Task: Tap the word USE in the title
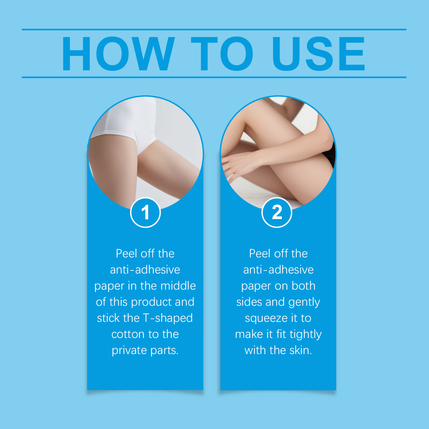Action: [x=319, y=54]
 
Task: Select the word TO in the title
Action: [x=222, y=54]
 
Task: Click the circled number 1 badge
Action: [x=145, y=212]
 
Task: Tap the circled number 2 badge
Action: [x=277, y=212]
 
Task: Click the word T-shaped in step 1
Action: [x=168, y=318]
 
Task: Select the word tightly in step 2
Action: [x=306, y=334]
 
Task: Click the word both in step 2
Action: [x=304, y=286]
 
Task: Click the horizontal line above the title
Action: [x=214, y=30]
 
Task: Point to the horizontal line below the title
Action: [x=214, y=77]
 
